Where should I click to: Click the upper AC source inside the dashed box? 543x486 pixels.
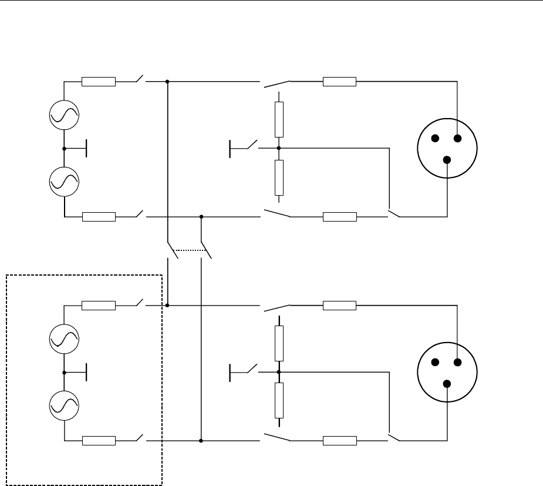64,338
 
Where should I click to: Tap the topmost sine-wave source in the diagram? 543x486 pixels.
64,115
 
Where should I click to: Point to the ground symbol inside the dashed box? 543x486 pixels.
86,372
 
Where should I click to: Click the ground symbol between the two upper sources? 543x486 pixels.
86,149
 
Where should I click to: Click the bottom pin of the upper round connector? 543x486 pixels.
447,160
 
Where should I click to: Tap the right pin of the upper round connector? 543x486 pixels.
458,139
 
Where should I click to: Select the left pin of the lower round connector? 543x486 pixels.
435,363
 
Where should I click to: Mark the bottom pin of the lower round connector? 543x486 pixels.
447,384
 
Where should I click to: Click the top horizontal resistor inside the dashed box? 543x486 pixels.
99,305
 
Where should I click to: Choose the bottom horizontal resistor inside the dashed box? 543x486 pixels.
99,440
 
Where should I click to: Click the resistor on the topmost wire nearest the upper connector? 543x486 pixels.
339,82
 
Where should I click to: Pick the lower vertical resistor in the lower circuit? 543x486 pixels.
279,400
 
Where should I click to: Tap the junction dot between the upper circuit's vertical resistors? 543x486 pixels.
279,148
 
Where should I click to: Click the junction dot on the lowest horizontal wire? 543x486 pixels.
201,440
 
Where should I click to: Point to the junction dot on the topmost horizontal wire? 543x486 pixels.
167,82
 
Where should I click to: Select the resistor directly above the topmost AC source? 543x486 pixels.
99,82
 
